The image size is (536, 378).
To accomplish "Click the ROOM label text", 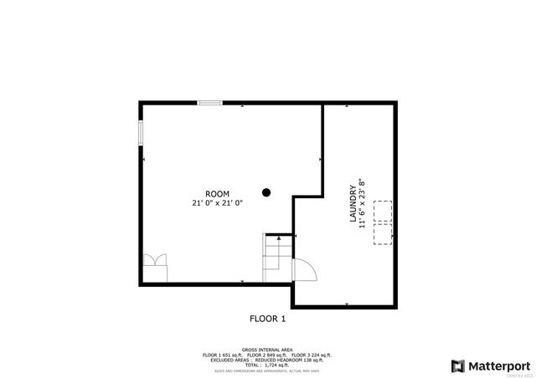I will [217, 193].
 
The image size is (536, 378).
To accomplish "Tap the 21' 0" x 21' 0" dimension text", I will [217, 202].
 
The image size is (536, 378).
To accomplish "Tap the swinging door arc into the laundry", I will [304, 269].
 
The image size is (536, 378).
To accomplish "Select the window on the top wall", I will [210, 103].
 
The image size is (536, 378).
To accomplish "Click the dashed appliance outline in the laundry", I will [384, 222].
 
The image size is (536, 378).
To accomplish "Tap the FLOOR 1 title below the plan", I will [267, 318].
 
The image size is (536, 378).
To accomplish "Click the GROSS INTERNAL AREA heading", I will [267, 349].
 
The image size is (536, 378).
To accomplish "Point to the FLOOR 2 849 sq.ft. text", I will [266, 355].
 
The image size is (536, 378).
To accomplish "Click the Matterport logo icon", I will [457, 365].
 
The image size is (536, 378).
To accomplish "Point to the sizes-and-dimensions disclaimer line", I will [268, 370].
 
